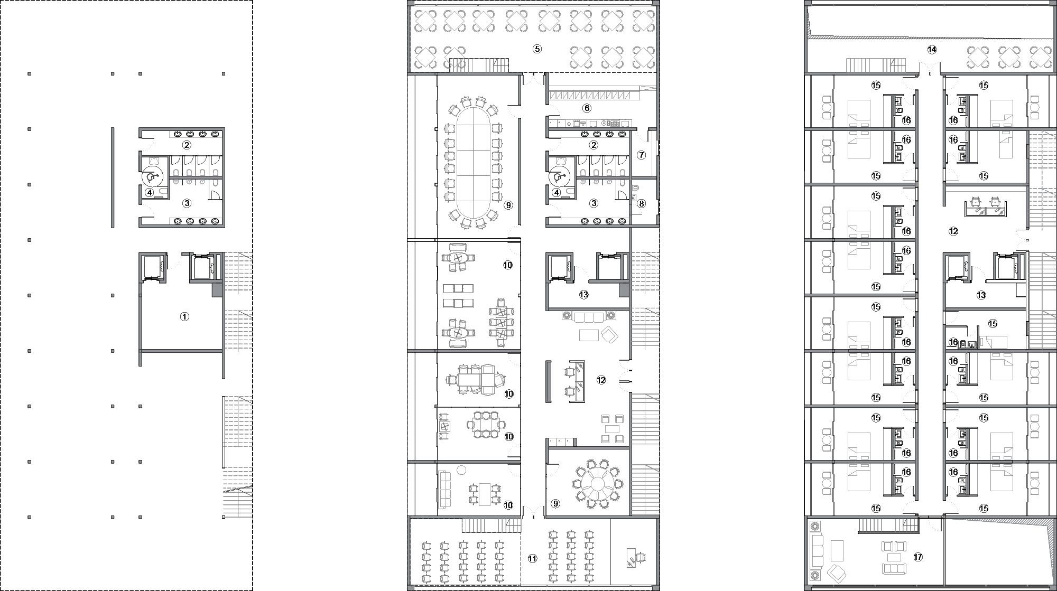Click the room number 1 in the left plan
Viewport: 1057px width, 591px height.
[x=184, y=317]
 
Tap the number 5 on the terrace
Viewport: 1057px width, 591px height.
[x=537, y=49]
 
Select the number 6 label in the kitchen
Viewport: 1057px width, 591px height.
[x=587, y=108]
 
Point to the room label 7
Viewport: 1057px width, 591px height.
[x=641, y=155]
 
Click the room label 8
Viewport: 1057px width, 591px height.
[x=641, y=203]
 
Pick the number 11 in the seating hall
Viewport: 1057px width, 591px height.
[x=533, y=558]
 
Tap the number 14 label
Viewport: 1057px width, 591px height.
[x=932, y=50]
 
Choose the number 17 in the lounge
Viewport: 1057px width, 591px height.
[x=918, y=557]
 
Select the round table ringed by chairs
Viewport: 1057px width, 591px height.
[x=598, y=483]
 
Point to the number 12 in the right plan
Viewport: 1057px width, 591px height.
[x=953, y=231]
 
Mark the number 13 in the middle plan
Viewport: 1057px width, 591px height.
[x=583, y=295]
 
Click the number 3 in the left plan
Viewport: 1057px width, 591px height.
[x=187, y=203]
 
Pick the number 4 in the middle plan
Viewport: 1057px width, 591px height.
[x=557, y=193]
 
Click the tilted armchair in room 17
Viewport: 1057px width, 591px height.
[x=837, y=573]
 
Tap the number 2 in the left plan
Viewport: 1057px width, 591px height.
[x=187, y=145]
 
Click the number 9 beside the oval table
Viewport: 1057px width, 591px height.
[x=508, y=205]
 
